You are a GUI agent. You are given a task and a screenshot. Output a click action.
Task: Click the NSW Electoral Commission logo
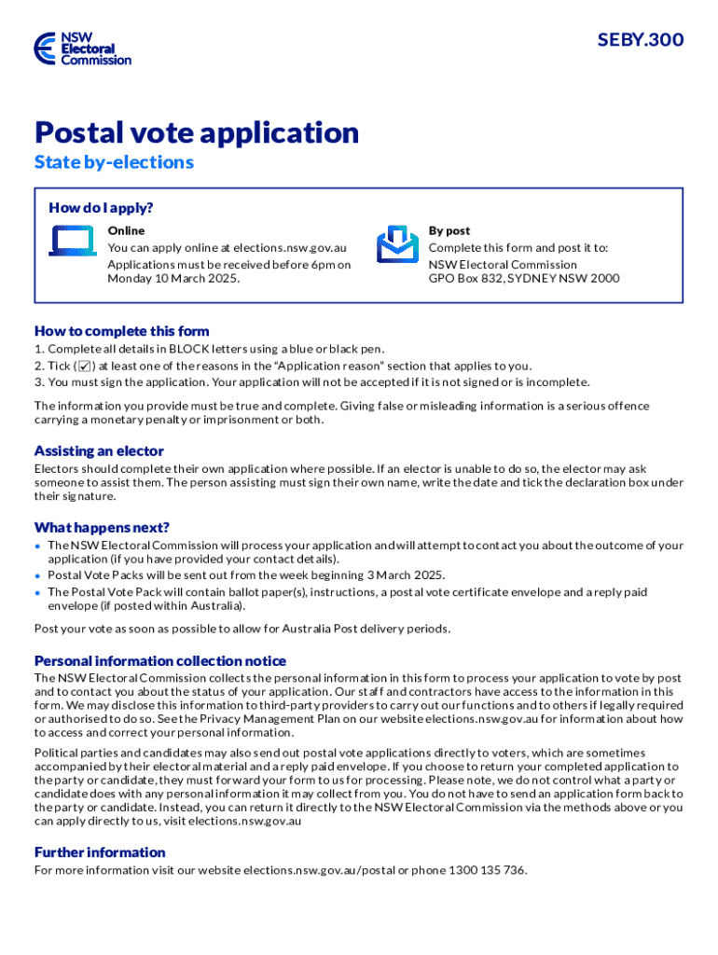(82, 48)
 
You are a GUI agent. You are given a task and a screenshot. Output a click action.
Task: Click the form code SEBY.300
(641, 40)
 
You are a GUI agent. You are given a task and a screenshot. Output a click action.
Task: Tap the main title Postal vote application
(197, 132)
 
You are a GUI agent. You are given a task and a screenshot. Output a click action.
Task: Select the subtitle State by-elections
(114, 162)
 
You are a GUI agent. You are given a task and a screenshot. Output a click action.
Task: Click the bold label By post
(449, 230)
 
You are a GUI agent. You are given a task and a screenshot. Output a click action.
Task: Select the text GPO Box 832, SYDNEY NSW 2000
(523, 279)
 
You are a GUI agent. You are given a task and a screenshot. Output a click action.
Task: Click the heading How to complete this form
(121, 331)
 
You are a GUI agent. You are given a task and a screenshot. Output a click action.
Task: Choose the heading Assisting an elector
(99, 451)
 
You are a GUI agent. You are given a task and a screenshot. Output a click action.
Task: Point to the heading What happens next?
(102, 527)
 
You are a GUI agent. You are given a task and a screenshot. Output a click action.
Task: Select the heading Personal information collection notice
(160, 661)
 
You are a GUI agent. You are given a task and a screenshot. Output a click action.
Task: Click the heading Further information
(100, 852)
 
